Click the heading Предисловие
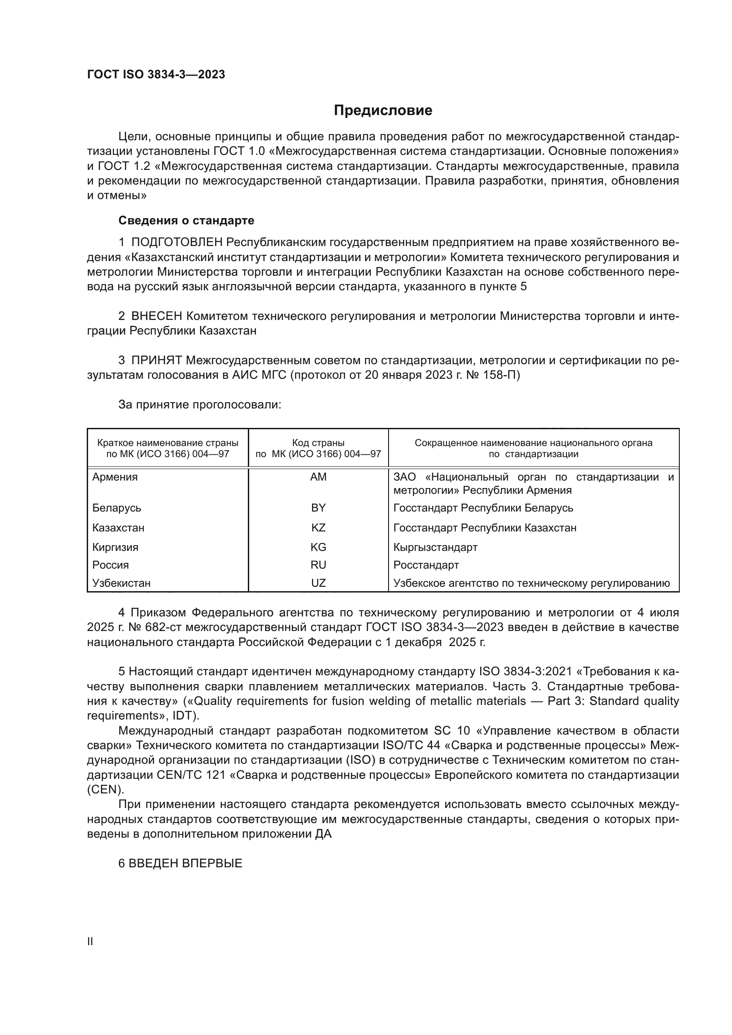(383, 111)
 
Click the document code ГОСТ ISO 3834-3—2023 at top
(156, 75)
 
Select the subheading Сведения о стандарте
(186, 220)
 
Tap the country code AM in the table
(318, 477)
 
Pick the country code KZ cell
(318, 527)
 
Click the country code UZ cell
(318, 583)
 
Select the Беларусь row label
(117, 508)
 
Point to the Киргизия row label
(116, 547)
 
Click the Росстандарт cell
(426, 565)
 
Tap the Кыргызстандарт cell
(435, 547)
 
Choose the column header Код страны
(318, 443)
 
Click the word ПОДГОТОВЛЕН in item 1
(177, 242)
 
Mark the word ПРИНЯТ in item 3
(156, 360)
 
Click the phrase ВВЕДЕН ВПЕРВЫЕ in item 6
(185, 863)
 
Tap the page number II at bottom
(90, 942)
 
